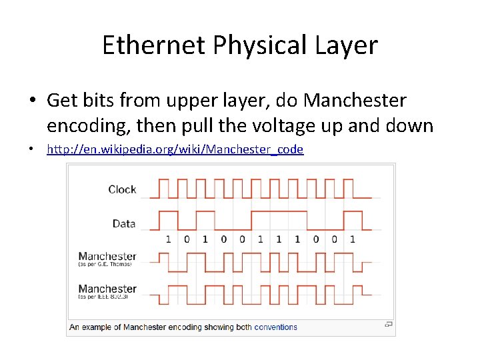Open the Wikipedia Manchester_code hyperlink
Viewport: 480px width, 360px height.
(x=175, y=149)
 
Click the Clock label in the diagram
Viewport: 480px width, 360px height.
(x=122, y=189)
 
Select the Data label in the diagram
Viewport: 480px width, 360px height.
(x=124, y=223)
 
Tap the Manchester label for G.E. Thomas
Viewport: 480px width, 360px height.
(x=107, y=256)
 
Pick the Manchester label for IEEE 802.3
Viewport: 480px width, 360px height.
(x=107, y=289)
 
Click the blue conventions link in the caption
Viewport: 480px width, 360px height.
(x=275, y=327)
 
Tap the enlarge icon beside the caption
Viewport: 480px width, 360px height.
(x=388, y=325)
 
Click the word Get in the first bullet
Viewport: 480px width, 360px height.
(x=61, y=101)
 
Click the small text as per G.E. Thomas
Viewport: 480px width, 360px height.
(x=105, y=265)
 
